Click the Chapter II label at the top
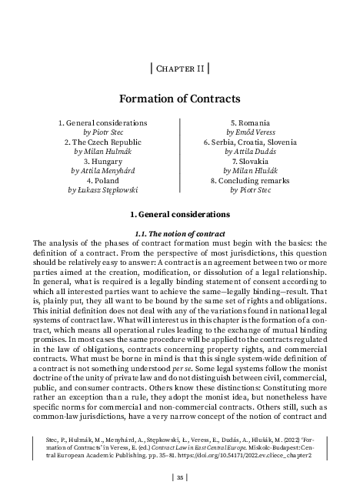tap(179, 69)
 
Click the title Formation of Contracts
tap(179, 99)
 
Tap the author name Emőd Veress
tap(258, 132)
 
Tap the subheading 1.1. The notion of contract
tap(179, 233)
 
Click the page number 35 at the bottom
tap(179, 477)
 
